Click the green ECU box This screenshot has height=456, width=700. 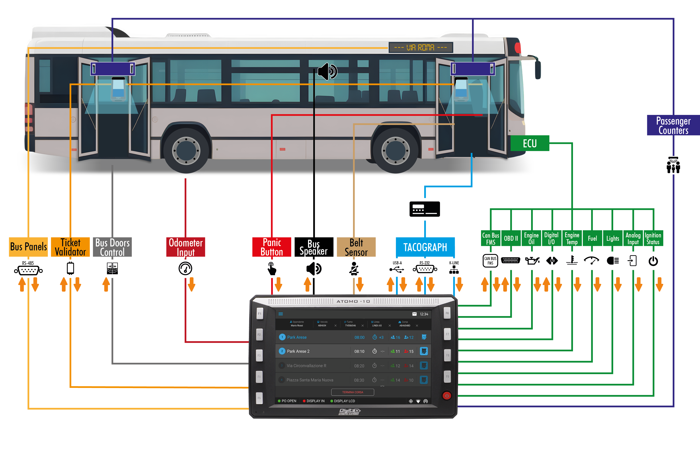click(x=530, y=143)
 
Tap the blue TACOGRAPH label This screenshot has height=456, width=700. click(x=425, y=247)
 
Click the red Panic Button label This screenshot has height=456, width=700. click(x=272, y=247)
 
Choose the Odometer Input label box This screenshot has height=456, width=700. click(x=186, y=247)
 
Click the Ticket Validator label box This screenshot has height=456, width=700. click(x=70, y=247)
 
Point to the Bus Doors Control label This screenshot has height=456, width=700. click(x=112, y=247)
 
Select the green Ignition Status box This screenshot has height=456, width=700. click(x=653, y=238)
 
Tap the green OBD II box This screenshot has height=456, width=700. click(x=511, y=238)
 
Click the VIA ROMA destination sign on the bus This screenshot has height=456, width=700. click(x=420, y=47)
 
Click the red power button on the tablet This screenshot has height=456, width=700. click(x=447, y=396)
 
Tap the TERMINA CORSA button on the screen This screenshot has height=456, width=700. click(x=353, y=392)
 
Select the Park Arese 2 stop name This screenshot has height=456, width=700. click(x=298, y=351)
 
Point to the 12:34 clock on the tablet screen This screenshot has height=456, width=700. click(x=424, y=314)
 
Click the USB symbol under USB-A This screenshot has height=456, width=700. click(x=397, y=269)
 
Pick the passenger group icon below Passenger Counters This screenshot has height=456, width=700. click(x=673, y=165)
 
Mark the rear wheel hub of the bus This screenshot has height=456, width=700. click(x=186, y=151)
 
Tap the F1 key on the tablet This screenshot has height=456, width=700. click(x=259, y=314)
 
